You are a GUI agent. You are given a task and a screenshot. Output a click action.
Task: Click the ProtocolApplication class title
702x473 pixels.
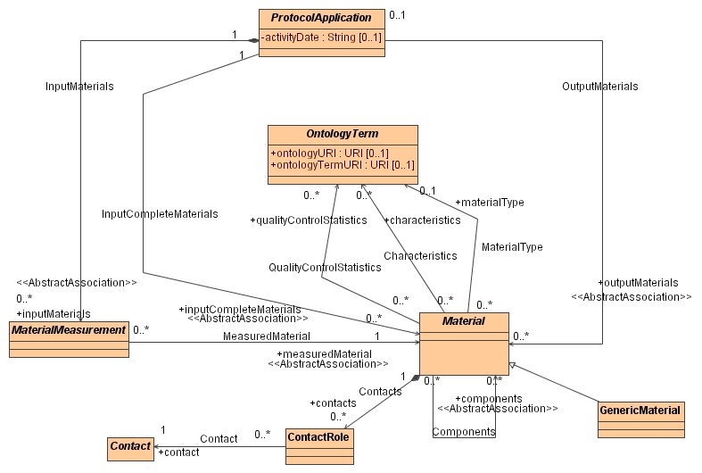click(322, 17)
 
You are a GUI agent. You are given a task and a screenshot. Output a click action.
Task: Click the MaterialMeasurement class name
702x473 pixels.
click(69, 329)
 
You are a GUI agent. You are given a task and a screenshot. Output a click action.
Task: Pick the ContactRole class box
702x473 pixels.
click(318, 444)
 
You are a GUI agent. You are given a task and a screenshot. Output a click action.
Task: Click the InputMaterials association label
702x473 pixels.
click(73, 87)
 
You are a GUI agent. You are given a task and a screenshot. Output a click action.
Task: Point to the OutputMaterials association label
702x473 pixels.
click(599, 87)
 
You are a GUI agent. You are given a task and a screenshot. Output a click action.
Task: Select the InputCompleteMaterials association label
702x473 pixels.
click(160, 213)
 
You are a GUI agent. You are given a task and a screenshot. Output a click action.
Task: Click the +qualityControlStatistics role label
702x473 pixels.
click(308, 220)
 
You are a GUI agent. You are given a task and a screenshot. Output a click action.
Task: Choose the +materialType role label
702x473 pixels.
click(489, 202)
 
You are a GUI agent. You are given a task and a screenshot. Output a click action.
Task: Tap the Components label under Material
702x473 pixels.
click(464, 432)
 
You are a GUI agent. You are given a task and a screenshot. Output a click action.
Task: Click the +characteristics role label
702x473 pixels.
click(422, 220)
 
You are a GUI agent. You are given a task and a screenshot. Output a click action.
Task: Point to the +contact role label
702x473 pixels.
click(178, 452)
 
